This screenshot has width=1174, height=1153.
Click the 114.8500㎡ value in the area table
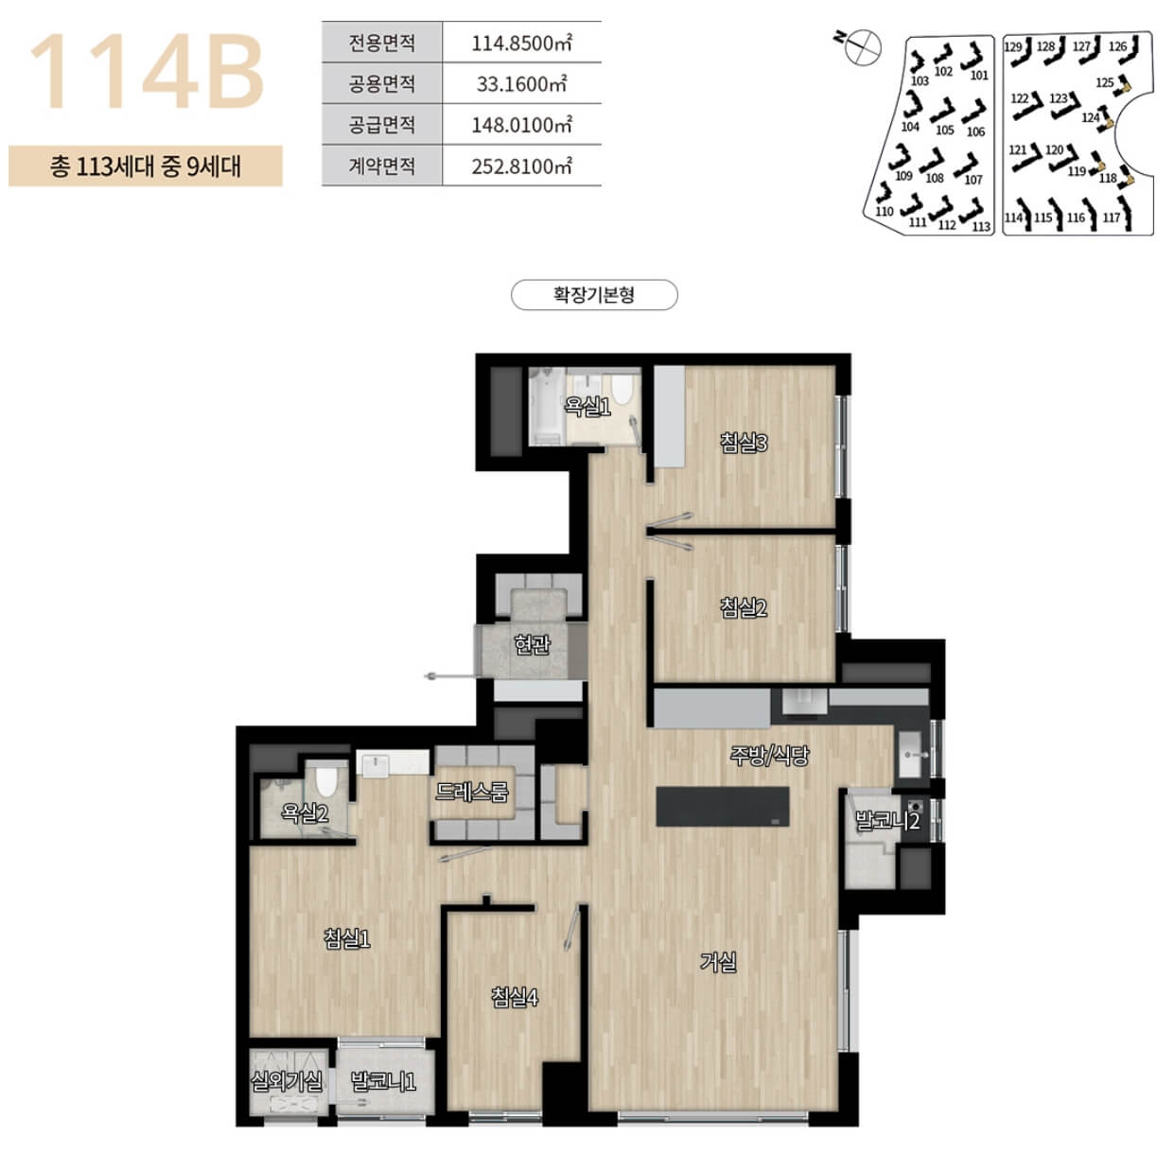522,44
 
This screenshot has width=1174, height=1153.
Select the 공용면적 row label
382,83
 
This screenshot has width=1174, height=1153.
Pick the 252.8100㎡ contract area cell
522,166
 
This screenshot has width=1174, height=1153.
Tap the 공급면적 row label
382,125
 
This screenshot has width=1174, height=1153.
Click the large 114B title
147,72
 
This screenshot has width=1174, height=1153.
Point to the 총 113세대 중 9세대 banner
146,166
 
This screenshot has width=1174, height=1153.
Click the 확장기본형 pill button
594,295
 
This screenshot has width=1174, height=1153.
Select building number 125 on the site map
1105,83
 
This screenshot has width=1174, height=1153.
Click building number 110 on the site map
884,212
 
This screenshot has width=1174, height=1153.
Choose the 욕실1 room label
587,406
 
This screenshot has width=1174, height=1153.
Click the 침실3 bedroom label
744,443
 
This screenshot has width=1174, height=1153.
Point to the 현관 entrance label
533,644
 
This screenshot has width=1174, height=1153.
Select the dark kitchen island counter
723,806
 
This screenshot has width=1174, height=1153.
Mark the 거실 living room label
719,962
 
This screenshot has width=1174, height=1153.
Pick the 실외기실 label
287,1081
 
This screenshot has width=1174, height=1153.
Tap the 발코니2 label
887,820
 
